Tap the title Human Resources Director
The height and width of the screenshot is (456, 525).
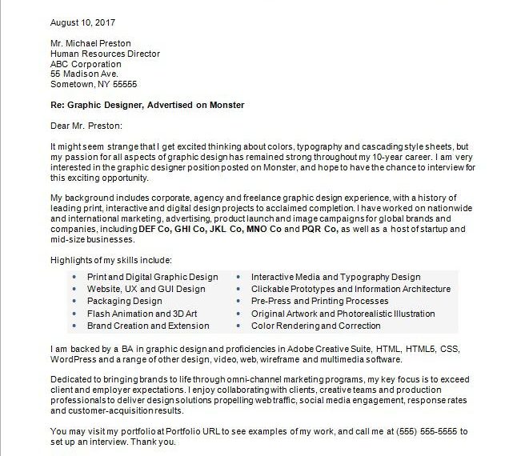(105, 54)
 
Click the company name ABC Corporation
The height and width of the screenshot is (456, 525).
(86, 64)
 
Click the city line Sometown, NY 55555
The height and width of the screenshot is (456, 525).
(94, 85)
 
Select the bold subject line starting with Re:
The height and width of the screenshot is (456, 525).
(146, 105)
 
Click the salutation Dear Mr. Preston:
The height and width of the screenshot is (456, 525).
(86, 126)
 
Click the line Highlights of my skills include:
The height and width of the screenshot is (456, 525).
(110, 260)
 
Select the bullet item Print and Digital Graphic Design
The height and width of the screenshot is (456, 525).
(152, 277)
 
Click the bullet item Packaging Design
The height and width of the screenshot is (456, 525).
(124, 302)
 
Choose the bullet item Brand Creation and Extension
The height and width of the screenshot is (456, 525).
(148, 326)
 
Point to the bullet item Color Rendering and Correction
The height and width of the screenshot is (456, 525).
(315, 326)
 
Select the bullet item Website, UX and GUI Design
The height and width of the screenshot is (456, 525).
(146, 289)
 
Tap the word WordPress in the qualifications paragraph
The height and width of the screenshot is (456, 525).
(74, 359)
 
